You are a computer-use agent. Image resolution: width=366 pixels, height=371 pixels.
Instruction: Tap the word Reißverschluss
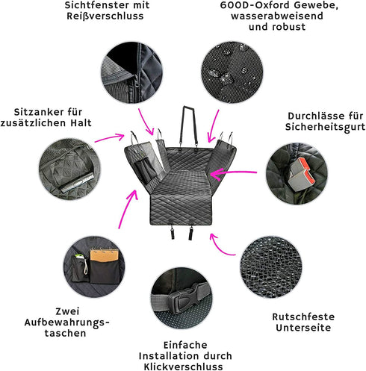coord(105,16)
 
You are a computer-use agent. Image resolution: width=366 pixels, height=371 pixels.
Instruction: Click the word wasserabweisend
coord(277,16)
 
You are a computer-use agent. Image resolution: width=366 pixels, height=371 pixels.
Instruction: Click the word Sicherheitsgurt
coord(325,127)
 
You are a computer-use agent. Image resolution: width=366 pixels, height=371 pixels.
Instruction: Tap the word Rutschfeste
coord(303,317)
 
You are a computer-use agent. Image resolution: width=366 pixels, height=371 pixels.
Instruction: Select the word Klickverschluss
coord(183,367)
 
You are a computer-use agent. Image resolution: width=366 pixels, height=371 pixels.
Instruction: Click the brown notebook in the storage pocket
coord(104,255)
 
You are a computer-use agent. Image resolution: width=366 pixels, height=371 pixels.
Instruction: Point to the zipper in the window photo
coord(137,84)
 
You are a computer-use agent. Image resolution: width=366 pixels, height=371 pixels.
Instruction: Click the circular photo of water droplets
coord(232,72)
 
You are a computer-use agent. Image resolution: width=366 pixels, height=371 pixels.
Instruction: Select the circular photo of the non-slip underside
coord(271,267)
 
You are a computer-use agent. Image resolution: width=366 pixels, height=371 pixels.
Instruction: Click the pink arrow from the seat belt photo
coord(233,172)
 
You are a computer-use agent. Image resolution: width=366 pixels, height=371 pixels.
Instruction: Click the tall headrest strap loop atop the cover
coord(188,125)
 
